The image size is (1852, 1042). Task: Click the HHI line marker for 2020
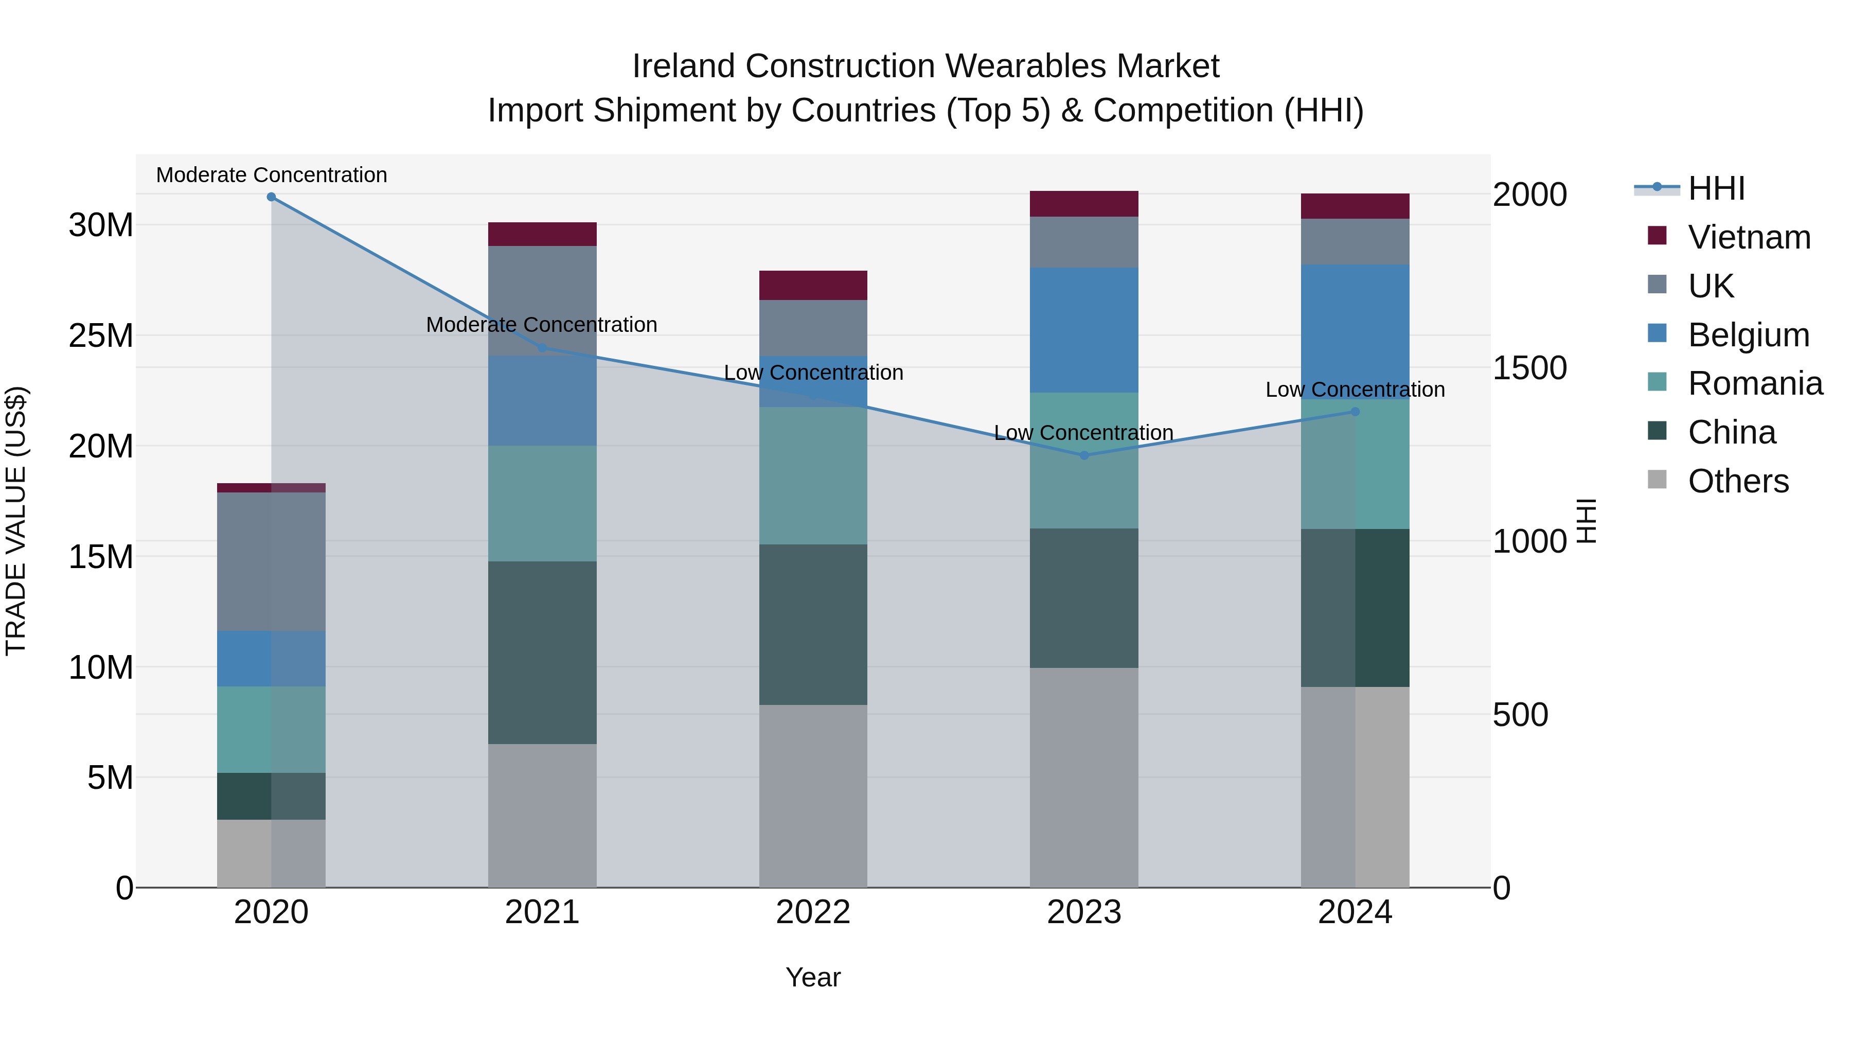click(x=271, y=197)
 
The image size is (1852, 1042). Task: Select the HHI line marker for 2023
click(x=1084, y=455)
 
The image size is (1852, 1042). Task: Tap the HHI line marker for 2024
click(x=1355, y=412)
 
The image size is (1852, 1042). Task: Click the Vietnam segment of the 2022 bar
click(x=813, y=286)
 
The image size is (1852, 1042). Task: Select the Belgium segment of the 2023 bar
click(x=1084, y=330)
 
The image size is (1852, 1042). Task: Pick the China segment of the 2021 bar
click(x=542, y=652)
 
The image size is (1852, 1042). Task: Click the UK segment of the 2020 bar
click(x=271, y=561)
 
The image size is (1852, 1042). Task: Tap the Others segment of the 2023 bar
click(x=1084, y=778)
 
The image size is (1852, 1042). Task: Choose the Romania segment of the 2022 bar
click(x=813, y=475)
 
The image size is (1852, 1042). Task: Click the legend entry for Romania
click(x=1755, y=383)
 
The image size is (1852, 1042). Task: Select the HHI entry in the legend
click(x=1716, y=188)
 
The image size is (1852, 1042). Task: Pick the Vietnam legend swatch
click(x=1657, y=236)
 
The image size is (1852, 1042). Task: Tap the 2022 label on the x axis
click(x=813, y=912)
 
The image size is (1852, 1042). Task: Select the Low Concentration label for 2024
click(x=1355, y=390)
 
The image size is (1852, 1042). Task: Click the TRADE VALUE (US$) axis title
click(x=16, y=521)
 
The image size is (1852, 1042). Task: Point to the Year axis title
click(x=813, y=977)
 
